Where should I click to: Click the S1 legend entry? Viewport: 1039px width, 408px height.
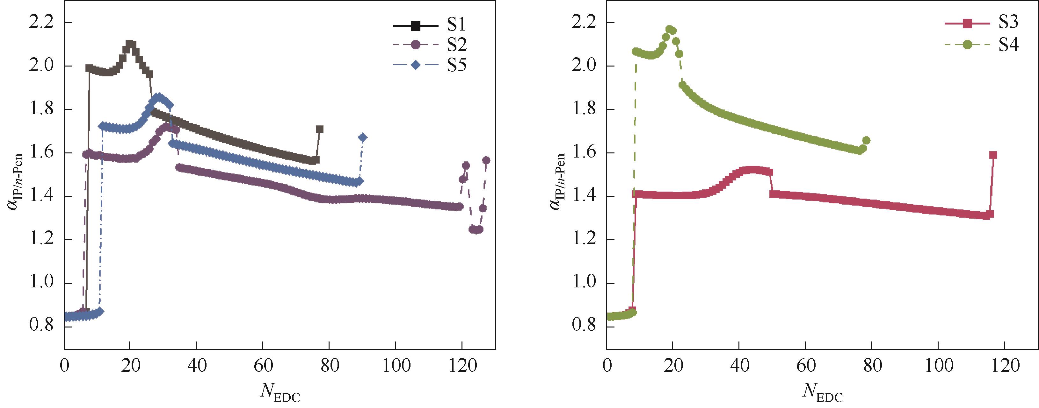pyautogui.click(x=430, y=26)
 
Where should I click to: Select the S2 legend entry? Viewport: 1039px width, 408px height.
pyautogui.click(x=430, y=46)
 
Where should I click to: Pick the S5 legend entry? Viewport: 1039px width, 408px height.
pyautogui.click(x=430, y=65)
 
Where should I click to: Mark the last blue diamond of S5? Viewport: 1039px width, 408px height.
pyautogui.click(x=363, y=138)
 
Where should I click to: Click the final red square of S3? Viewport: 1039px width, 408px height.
pyautogui.click(x=993, y=155)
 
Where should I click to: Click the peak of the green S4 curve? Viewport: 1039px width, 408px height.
pyautogui.click(x=670, y=29)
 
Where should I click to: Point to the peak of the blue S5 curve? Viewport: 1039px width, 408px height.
pyautogui.click(x=158, y=97)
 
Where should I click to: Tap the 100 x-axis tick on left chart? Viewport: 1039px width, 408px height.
pyautogui.click(x=395, y=365)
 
